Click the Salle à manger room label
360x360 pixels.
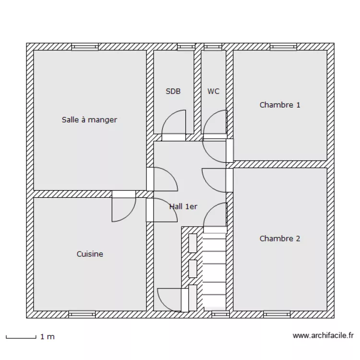click(x=89, y=120)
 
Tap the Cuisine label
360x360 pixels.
click(x=90, y=254)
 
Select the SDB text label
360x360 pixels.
click(x=173, y=91)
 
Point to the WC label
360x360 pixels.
click(x=213, y=91)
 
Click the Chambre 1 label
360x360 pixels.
click(x=280, y=105)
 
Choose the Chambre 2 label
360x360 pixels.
click(x=280, y=239)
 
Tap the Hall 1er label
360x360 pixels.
click(x=183, y=206)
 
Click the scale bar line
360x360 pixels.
click(x=21, y=338)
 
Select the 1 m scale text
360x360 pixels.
click(x=48, y=337)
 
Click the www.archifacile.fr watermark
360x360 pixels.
click(x=323, y=336)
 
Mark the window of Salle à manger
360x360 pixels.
click(x=84, y=47)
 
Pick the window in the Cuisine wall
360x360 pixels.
click(x=82, y=314)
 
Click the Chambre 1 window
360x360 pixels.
click(x=283, y=47)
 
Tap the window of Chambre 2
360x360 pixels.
click(x=276, y=314)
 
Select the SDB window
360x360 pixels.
click(x=186, y=47)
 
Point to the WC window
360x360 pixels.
click(x=213, y=47)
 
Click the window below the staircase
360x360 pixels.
click(x=220, y=314)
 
